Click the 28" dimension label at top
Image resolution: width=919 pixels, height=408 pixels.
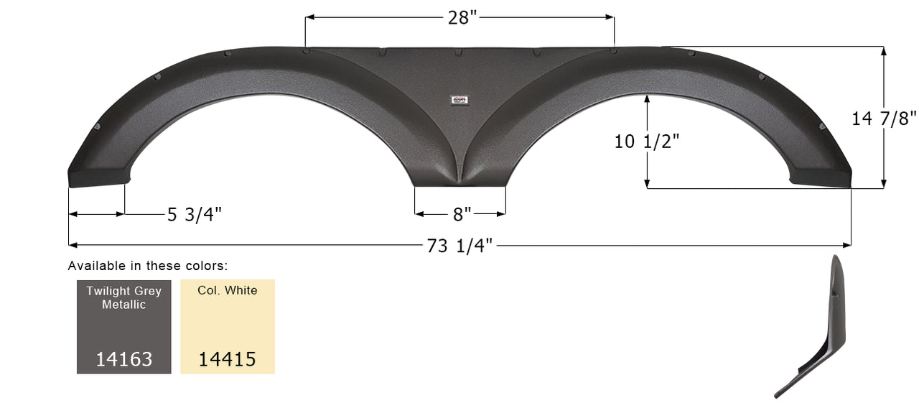(x=462, y=18)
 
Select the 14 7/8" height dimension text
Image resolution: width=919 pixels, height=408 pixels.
(x=884, y=119)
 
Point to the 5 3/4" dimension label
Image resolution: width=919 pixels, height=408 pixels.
(x=195, y=214)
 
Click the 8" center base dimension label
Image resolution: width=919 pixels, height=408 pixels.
(x=462, y=214)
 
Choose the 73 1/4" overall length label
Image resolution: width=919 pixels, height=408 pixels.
(x=459, y=246)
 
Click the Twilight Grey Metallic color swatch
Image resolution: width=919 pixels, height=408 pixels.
(x=124, y=327)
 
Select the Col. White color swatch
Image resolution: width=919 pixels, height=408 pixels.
(x=228, y=327)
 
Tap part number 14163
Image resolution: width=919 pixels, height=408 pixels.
(x=124, y=358)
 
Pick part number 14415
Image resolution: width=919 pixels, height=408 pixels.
(x=228, y=358)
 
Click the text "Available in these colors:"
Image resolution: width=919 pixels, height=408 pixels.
(x=148, y=266)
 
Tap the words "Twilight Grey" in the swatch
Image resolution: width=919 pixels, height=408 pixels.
(x=124, y=291)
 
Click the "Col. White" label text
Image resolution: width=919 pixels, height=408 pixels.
(x=228, y=291)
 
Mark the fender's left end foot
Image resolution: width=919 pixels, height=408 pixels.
(x=98, y=177)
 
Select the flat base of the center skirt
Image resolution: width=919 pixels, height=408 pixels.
(x=460, y=185)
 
